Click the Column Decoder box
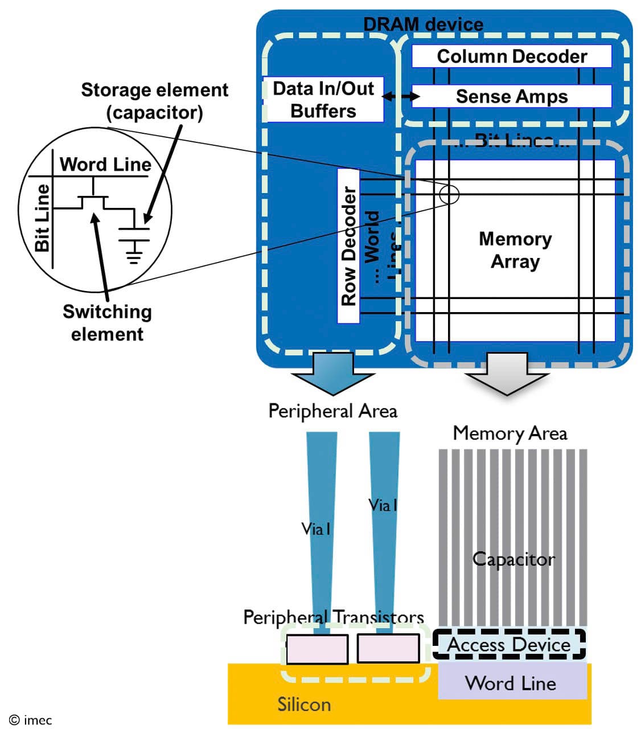(511, 56)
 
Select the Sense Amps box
(511, 96)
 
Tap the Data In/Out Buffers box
(323, 100)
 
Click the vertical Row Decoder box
(348, 246)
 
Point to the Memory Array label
(515, 250)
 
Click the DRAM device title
(423, 24)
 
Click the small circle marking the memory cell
(449, 194)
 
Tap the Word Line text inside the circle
(106, 165)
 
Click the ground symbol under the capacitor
(134, 254)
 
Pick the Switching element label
(107, 322)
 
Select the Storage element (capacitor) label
(155, 101)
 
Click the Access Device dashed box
(509, 644)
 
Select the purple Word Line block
(511, 682)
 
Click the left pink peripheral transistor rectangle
(317, 649)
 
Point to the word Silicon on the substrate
(304, 705)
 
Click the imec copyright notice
(31, 720)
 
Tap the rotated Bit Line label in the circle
(42, 218)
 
